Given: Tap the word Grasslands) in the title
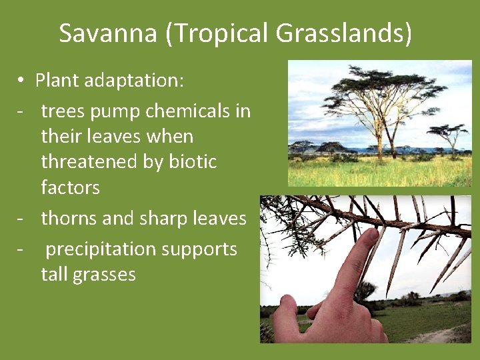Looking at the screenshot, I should tap(347, 33).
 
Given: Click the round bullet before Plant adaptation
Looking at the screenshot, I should tap(22, 81).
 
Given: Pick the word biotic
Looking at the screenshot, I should tap(192, 162).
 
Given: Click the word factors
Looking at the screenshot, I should tap(70, 187).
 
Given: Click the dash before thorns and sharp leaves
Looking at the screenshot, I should tap(22, 218).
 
